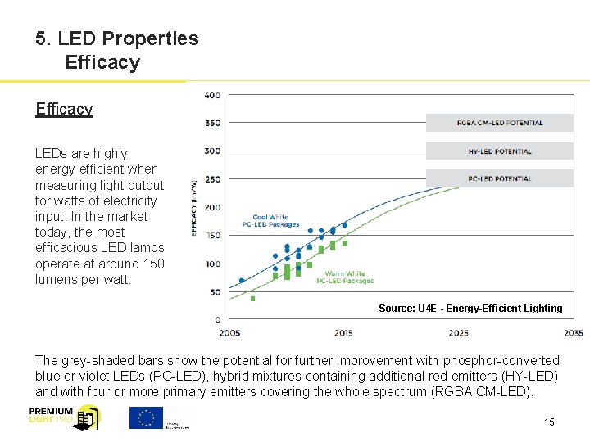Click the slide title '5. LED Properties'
(x=116, y=38)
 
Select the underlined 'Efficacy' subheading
(x=64, y=109)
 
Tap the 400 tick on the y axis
(x=211, y=96)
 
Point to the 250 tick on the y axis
(x=211, y=179)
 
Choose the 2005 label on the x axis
(x=229, y=333)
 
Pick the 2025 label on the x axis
(x=458, y=333)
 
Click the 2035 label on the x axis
(x=573, y=333)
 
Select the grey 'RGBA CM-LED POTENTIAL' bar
(x=499, y=123)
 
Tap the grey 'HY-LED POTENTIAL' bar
(x=499, y=151)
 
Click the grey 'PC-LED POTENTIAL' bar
(x=499, y=178)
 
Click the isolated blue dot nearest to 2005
(x=241, y=280)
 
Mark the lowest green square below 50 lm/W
(x=252, y=299)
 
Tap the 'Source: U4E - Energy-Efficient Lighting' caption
(x=470, y=309)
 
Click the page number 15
(x=549, y=422)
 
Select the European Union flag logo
(x=146, y=417)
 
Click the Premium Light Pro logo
(x=64, y=417)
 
